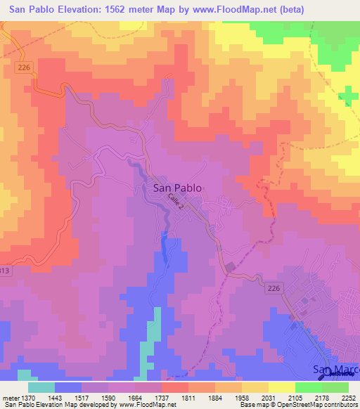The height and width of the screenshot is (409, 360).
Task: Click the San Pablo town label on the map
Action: (x=177, y=188)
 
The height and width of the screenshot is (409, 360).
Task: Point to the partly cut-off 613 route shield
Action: (x=5, y=271)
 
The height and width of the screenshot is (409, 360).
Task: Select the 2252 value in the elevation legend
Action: (x=349, y=397)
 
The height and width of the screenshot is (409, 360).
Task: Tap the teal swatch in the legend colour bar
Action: (x=41, y=387)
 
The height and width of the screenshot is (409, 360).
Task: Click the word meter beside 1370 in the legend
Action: (x=10, y=397)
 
